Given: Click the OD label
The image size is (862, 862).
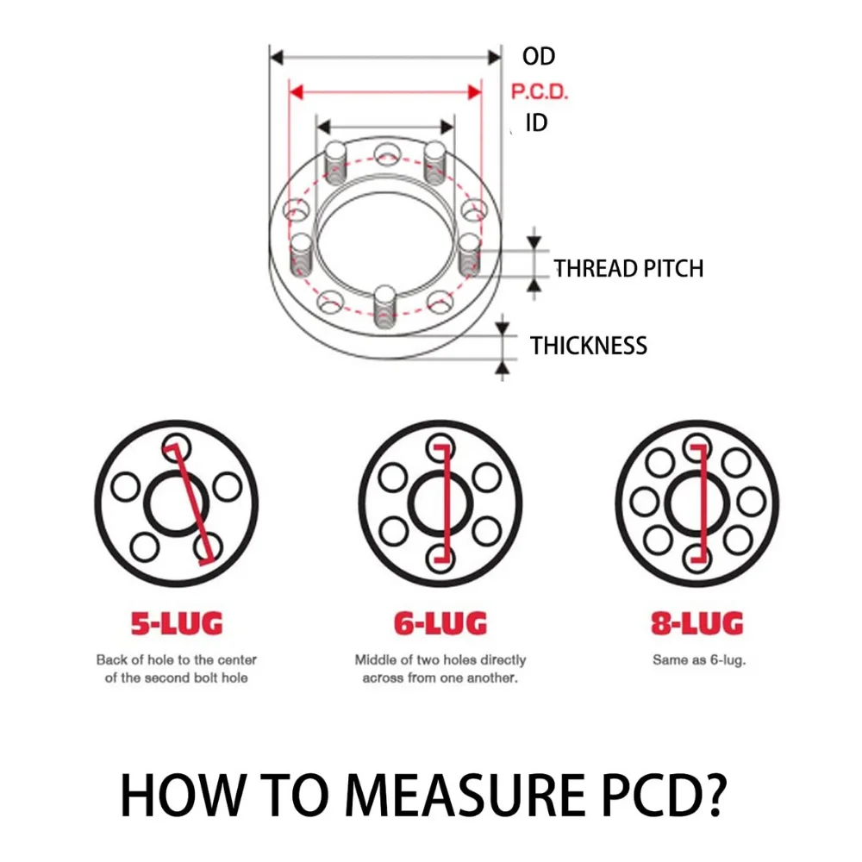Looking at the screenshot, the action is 539,57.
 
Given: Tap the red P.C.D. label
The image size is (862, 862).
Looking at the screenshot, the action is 540,91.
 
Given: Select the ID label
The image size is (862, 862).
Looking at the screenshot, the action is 536,123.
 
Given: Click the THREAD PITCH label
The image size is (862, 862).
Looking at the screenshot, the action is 628,268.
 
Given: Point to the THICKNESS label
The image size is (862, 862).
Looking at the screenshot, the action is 589,346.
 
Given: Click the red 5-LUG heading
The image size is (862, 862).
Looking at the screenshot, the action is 177,622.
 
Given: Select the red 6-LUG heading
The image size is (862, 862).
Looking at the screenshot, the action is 440,622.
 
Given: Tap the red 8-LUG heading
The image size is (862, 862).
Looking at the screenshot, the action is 696,622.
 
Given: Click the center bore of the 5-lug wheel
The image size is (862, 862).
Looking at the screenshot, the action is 176,502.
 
